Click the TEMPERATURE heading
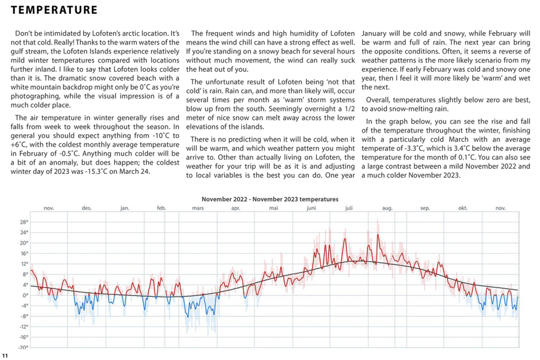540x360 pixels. coord(54,10)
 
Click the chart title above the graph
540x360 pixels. coord(270,199)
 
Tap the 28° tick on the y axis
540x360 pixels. coord(24,222)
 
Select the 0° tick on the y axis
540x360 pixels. coord(25,295)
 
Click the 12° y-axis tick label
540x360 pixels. coord(24,264)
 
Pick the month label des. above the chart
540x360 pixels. coord(87,208)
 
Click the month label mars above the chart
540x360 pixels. coord(198,208)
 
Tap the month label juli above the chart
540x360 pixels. coord(349,208)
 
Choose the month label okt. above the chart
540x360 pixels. coord(463,208)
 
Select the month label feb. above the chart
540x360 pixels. coord(161,208)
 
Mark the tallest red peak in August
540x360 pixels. coord(377,235)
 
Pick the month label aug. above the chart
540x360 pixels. coord(387,208)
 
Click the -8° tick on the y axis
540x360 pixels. coord(24,316)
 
